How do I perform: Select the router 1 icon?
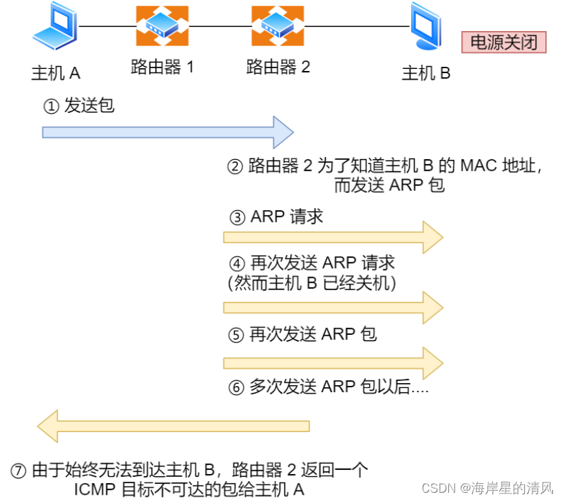pyautogui.click(x=162, y=26)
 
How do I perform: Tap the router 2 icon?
pyautogui.click(x=278, y=26)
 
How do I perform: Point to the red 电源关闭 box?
pyautogui.click(x=503, y=43)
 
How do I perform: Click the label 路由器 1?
pyautogui.click(x=163, y=68)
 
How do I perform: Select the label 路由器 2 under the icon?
pyautogui.click(x=278, y=68)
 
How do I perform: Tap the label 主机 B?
pyautogui.click(x=426, y=73)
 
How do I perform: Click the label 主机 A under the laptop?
pyautogui.click(x=56, y=73)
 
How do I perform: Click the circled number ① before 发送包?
pyautogui.click(x=51, y=107)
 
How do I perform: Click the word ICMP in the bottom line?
pyautogui.click(x=94, y=489)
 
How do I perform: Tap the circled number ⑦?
pyautogui.click(x=19, y=471)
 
